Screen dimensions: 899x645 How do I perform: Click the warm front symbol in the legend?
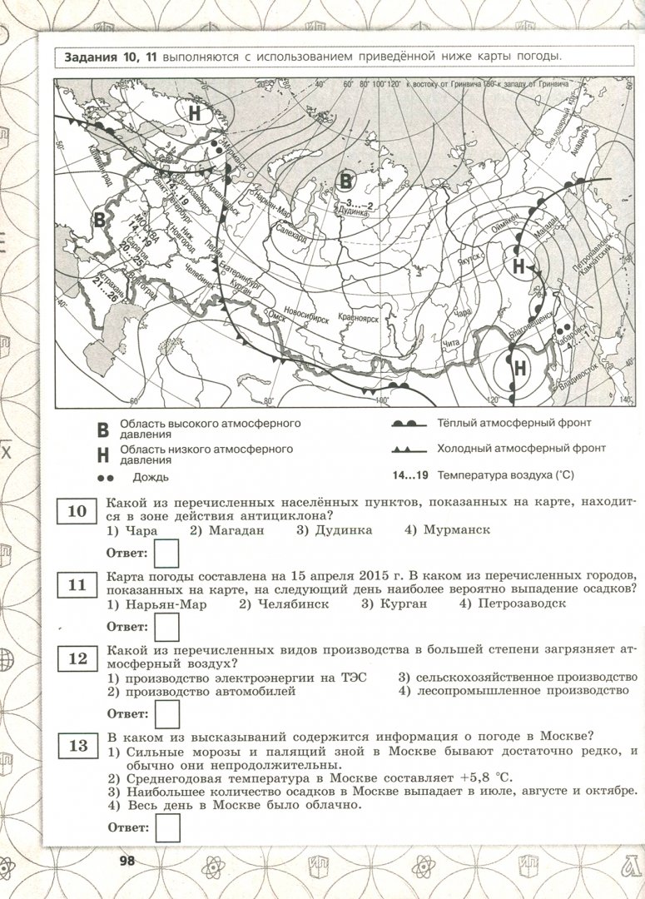409,424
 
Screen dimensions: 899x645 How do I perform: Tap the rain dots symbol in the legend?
104,478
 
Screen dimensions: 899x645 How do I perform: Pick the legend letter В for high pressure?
103,430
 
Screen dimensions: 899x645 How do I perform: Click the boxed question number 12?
77,658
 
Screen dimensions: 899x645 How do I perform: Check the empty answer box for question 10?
167,552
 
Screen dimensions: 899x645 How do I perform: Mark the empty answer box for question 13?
167,827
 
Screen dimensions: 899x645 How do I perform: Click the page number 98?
127,860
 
